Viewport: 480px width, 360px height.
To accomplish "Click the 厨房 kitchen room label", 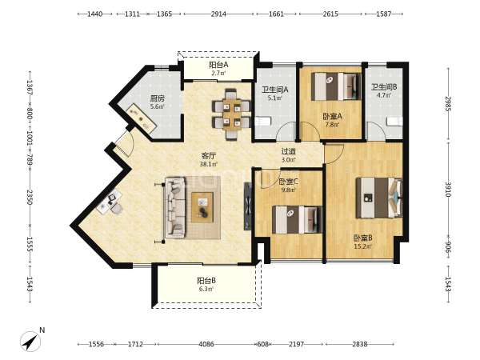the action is coord(158,98).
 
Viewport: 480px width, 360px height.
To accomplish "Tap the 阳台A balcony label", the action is coord(218,65).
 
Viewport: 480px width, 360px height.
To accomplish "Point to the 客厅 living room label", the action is coord(209,156).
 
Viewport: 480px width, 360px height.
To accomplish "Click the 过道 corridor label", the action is coord(289,151).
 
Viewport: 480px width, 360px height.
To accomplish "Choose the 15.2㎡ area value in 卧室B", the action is coord(362,246).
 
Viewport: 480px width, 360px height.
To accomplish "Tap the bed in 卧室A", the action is coord(336,86).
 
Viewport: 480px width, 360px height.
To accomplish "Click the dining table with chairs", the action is coord(231,114).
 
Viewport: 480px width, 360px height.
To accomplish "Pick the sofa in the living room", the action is coord(174,208).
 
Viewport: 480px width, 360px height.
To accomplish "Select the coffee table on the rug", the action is coord(202,207).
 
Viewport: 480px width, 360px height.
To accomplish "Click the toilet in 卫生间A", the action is coord(263,122).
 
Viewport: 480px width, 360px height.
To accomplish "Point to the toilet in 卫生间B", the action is coord(395,122).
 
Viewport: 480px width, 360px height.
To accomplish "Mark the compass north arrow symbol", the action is coord(30,342).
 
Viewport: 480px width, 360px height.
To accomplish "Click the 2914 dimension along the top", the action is coord(218,14).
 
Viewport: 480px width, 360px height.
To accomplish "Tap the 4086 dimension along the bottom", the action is coord(206,344).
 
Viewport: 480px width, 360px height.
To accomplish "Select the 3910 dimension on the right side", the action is coord(448,190).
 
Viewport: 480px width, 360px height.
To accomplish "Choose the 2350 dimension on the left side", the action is coord(30,197).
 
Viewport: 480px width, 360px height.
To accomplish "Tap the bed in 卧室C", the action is coord(297,220).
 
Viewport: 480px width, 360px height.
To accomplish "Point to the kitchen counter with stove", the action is coord(142,118).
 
